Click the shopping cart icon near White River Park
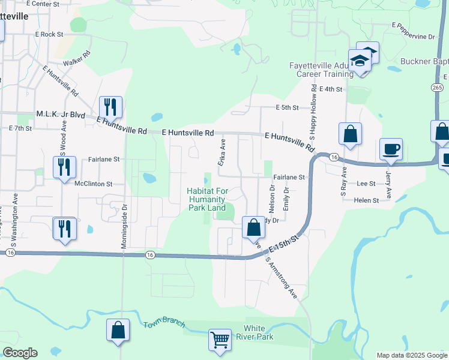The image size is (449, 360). pos(220,340)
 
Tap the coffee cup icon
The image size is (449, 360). pos(391,149)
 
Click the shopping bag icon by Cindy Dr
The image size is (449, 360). pos(253,227)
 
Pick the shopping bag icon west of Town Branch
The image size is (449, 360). pos(118,330)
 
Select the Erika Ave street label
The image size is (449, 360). pos(222,154)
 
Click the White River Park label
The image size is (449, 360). pos(258,332)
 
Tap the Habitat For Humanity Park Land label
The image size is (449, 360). pos(206,199)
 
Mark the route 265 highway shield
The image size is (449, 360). pos(437,87)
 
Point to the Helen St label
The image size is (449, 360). pos(366,200)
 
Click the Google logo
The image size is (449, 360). pos(20,353)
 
